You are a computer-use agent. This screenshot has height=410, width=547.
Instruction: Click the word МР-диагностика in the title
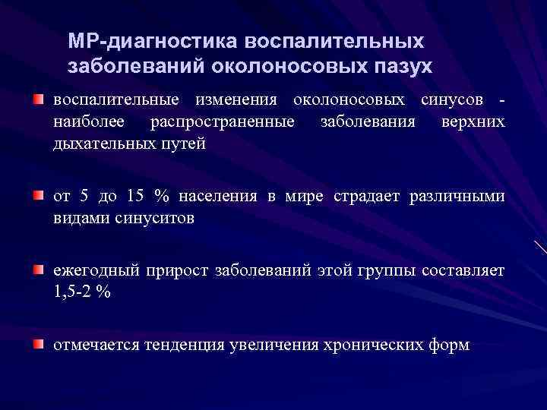(122, 40)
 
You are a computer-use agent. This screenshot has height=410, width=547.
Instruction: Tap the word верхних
(473, 121)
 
